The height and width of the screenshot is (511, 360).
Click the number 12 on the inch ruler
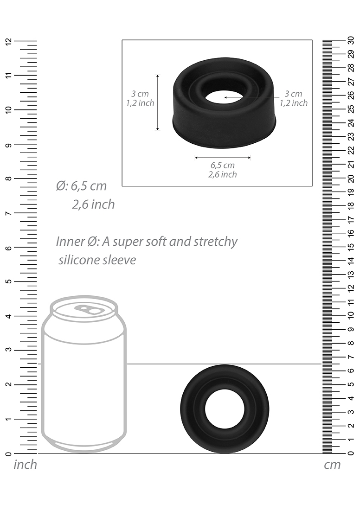coord(8,41)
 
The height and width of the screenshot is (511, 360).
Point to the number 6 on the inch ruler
coord(8,247)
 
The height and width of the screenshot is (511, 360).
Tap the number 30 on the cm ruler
coord(351,41)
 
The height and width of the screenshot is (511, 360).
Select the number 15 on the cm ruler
coord(351,247)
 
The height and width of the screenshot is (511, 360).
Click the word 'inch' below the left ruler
coord(25,464)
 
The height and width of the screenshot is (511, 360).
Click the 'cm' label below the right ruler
coord(332,465)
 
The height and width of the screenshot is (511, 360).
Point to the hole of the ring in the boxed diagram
coord(224,97)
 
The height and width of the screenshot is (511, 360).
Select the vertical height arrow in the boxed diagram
coord(158,102)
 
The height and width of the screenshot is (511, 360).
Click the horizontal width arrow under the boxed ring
coord(223,158)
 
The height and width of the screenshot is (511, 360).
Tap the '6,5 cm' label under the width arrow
coord(223,165)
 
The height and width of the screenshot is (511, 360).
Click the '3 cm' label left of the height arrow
coord(140,94)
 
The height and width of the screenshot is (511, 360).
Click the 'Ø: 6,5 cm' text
coord(81,186)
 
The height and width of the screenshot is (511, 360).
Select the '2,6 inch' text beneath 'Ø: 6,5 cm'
coord(93,204)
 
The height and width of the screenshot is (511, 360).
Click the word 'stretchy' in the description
coord(216,242)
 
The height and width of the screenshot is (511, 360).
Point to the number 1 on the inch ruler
coord(8,419)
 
